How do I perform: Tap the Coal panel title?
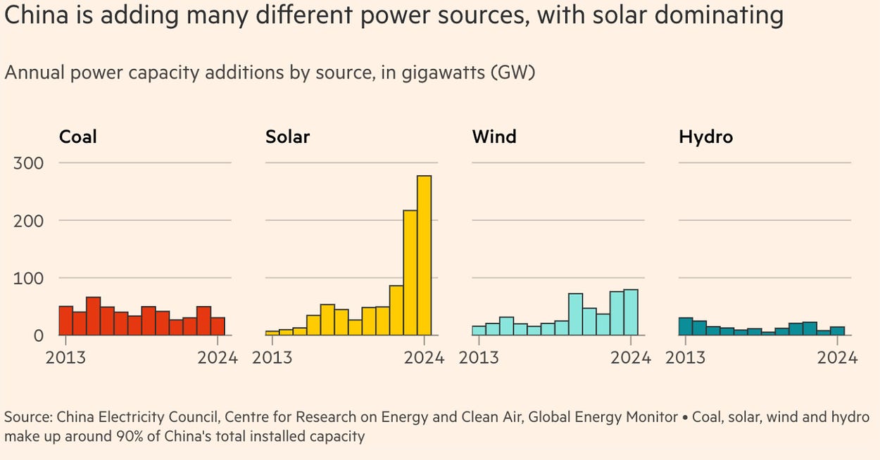[77, 136]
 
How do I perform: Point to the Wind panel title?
[494, 136]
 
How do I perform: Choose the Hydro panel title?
[705, 136]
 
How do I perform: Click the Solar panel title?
[287, 136]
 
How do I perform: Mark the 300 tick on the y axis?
[29, 163]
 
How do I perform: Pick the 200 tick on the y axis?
[29, 221]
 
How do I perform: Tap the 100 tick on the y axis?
[29, 279]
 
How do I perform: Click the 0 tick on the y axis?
[38, 336]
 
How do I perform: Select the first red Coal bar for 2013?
[65, 321]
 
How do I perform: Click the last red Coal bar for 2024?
[218, 326]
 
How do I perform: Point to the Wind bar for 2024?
[631, 312]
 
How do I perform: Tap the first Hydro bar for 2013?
[686, 326]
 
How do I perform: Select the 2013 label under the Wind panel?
[479, 357]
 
